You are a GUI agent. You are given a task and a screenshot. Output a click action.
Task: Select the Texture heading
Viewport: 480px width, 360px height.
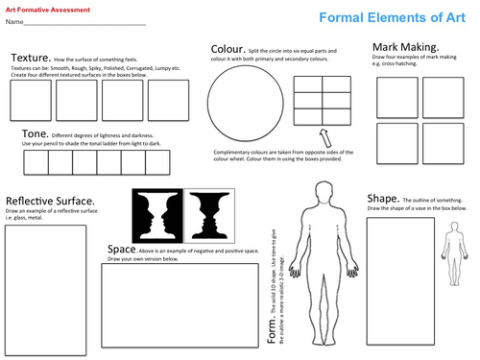tap(30, 58)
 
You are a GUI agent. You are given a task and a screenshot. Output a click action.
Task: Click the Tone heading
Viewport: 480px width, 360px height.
tap(36, 134)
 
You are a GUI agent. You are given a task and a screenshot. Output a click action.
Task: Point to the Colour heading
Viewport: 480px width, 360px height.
tap(228, 49)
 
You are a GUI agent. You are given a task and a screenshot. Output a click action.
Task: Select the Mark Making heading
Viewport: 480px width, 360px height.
tap(405, 47)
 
